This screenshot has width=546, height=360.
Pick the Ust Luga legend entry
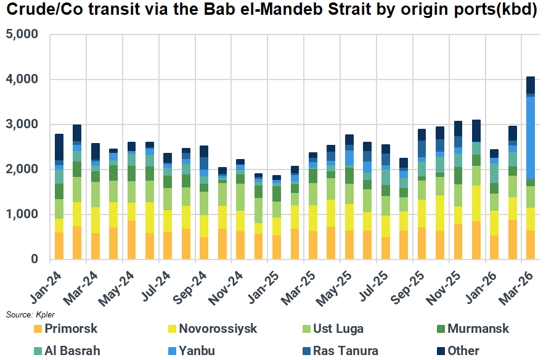(337, 329)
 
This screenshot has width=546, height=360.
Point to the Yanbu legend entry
(197, 351)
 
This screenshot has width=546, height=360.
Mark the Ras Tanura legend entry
(345, 351)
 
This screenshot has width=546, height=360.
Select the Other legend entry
(463, 351)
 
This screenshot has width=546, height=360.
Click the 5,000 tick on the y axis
(22, 35)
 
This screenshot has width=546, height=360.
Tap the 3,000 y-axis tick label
(22, 125)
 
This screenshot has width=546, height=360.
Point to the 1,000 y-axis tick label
(22, 215)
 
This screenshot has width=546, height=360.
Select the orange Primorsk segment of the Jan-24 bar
(59, 245)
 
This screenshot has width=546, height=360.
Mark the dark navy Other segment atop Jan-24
(59, 147)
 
